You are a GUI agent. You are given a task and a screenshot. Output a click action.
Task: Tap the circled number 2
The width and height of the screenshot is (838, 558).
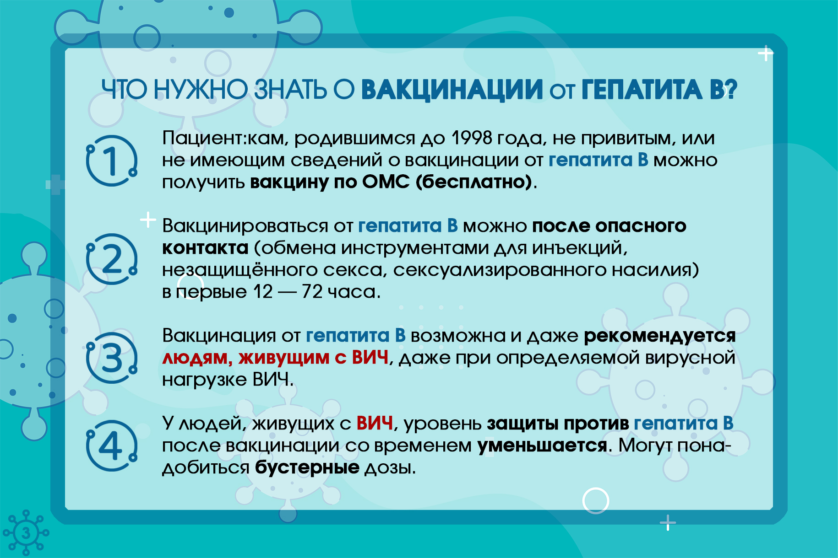(112, 259)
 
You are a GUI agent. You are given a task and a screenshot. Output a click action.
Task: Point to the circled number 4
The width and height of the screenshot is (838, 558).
(112, 445)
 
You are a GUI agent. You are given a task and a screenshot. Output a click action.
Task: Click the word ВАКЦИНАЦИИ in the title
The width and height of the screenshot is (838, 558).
(452, 90)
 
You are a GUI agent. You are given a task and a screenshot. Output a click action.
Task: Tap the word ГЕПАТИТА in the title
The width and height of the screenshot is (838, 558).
(641, 89)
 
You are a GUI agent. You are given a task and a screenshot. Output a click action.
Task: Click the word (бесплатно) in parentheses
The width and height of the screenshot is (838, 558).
(474, 182)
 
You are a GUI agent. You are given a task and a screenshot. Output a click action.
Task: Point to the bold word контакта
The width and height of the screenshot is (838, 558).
(205, 248)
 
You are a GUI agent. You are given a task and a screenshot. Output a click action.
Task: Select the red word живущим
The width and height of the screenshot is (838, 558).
(284, 358)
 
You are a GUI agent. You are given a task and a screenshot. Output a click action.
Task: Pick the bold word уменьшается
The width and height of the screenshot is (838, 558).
(542, 445)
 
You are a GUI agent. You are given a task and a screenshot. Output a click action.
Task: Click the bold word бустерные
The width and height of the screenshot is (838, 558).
(307, 467)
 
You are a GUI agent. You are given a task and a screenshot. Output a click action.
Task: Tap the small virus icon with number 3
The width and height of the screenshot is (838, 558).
(26, 533)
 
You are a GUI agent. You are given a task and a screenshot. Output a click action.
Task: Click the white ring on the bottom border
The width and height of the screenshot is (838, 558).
(596, 500)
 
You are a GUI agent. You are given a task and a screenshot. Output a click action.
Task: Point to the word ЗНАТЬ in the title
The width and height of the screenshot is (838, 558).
(290, 89)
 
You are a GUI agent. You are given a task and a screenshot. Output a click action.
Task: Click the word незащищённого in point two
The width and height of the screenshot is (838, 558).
(240, 270)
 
